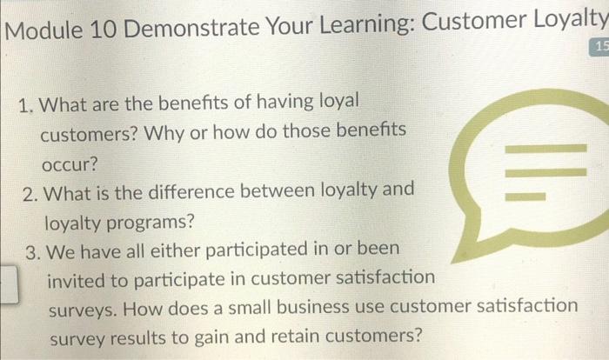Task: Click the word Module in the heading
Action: (41, 31)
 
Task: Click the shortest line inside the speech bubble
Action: (525, 194)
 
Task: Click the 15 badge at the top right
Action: (599, 46)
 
